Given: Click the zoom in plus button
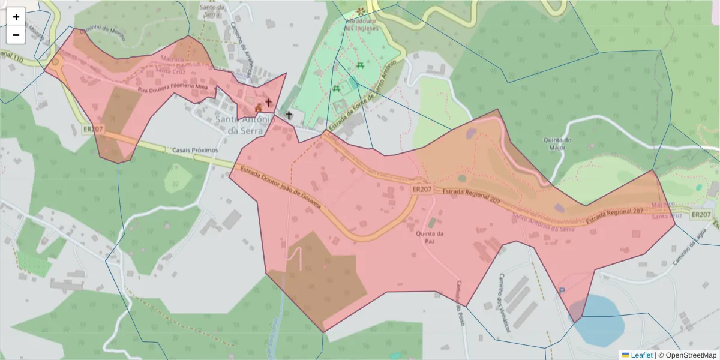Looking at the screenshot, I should [16, 17].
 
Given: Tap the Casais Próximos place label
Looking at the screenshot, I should [195, 150].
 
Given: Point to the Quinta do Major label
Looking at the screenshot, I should [557, 144].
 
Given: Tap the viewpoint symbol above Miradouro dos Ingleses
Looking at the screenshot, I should [360, 11].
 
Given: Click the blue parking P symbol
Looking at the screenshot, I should [562, 291].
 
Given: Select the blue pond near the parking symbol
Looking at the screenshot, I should [600, 318].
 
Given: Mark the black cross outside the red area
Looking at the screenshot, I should [289, 115].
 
